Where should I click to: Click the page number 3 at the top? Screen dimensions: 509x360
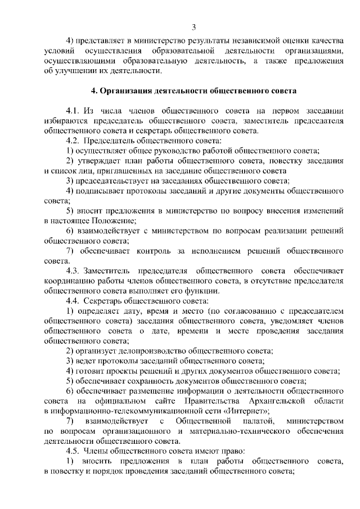tap(193, 27)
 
